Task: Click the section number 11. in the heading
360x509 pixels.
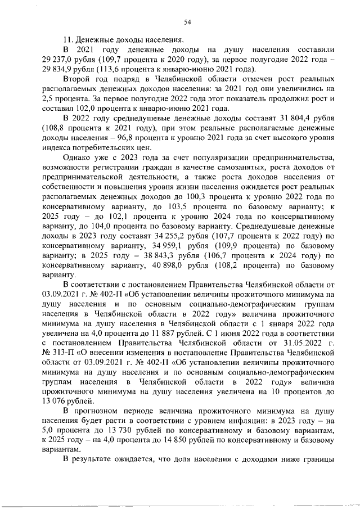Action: [x=68, y=39]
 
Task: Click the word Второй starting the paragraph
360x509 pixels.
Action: [x=76, y=80]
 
